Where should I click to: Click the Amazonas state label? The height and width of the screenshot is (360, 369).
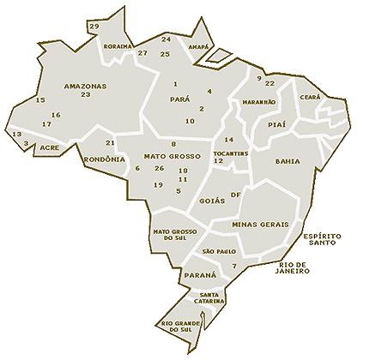(x=85, y=87)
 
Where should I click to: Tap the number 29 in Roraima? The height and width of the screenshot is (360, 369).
(x=94, y=27)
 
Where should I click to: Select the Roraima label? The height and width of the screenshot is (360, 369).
(x=116, y=45)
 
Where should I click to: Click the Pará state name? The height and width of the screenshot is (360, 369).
(x=181, y=99)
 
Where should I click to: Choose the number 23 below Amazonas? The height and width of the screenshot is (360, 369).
(x=85, y=95)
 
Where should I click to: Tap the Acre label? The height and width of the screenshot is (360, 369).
(x=50, y=147)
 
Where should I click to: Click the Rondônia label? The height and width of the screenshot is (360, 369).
(x=103, y=159)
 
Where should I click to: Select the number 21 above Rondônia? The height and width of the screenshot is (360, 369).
(x=109, y=142)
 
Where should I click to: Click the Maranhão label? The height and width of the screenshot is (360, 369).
(x=259, y=101)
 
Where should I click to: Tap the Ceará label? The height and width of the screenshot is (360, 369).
(x=310, y=99)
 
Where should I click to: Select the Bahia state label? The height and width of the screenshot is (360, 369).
(x=287, y=160)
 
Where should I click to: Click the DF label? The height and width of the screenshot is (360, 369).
(x=235, y=195)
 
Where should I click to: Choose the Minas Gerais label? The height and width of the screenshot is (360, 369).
(x=260, y=224)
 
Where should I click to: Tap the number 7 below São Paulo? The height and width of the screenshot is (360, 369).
(x=233, y=267)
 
